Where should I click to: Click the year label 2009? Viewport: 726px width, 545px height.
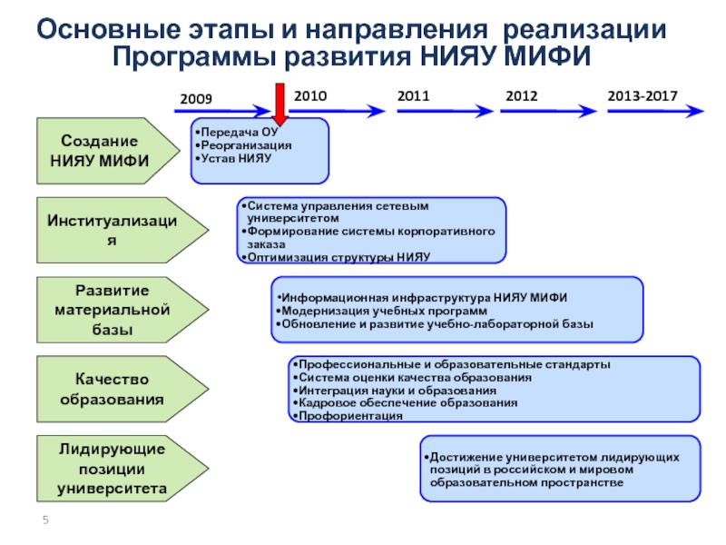click(196, 96)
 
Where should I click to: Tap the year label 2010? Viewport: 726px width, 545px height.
click(310, 94)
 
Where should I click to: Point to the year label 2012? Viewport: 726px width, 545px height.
click(521, 94)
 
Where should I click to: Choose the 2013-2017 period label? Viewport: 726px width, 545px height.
click(643, 94)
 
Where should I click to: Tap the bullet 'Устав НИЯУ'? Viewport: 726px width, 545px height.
click(234, 158)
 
